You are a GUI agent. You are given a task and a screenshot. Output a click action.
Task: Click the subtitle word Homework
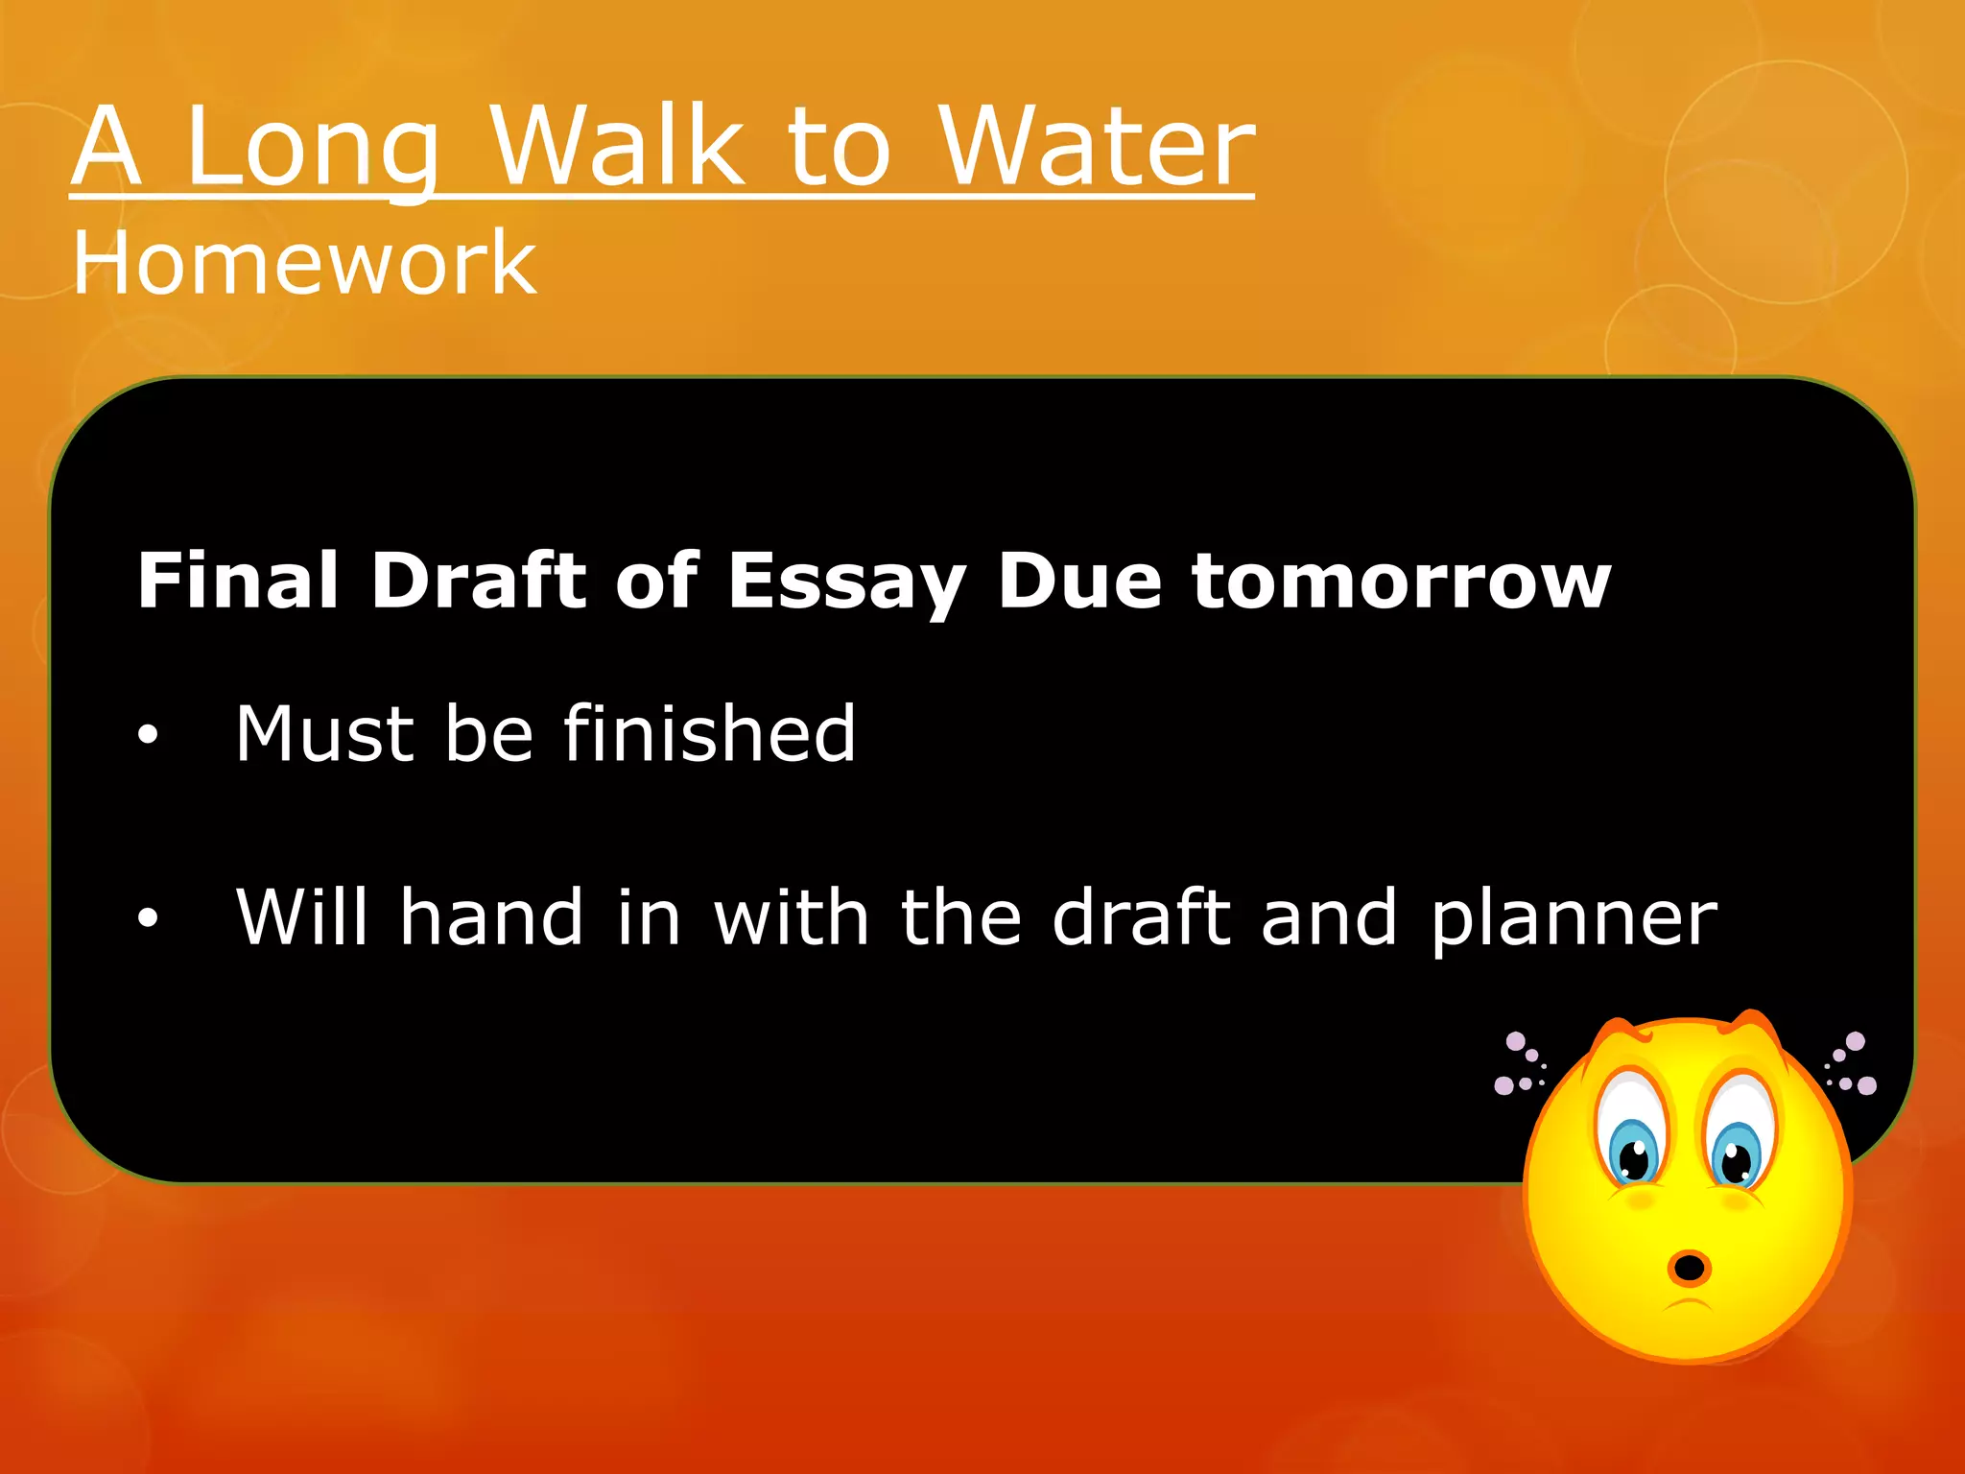tap(304, 263)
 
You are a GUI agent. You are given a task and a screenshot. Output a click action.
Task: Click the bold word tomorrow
tap(1401, 582)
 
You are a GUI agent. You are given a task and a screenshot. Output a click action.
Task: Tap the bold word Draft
tap(478, 581)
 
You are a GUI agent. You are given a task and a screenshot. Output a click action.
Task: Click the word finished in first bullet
tap(709, 733)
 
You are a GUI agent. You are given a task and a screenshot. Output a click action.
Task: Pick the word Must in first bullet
tap(324, 734)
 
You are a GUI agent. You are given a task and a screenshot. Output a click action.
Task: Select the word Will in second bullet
tap(301, 916)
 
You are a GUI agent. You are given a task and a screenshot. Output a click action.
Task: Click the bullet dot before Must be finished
tap(147, 737)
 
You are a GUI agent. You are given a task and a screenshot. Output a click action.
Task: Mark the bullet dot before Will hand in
tap(147, 918)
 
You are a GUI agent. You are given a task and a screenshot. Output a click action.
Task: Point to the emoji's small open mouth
tap(1689, 1268)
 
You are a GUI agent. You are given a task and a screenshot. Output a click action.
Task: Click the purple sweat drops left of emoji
tap(1520, 1065)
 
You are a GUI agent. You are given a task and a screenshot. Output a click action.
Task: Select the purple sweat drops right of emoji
tap(1852, 1065)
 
